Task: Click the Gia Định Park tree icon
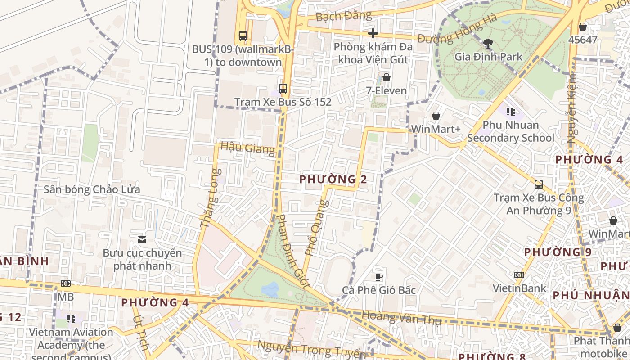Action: [x=488, y=44]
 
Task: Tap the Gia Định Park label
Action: [x=488, y=57]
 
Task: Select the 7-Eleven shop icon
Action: [x=386, y=77]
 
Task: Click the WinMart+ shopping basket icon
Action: [x=436, y=116]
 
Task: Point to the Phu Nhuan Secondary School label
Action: [x=510, y=131]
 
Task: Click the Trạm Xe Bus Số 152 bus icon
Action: [x=283, y=89]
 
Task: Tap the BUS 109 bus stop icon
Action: [x=243, y=36]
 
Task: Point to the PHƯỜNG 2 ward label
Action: [x=333, y=180]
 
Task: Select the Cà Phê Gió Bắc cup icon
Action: [x=379, y=277]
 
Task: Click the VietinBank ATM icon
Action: [x=519, y=275]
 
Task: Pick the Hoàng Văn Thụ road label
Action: [x=401, y=318]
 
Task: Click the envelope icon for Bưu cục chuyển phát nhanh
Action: [x=142, y=240]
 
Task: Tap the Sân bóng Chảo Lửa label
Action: [x=92, y=189]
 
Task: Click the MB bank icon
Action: [x=66, y=283]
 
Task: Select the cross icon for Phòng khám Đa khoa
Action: [x=373, y=33]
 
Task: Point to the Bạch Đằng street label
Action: [x=344, y=16]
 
